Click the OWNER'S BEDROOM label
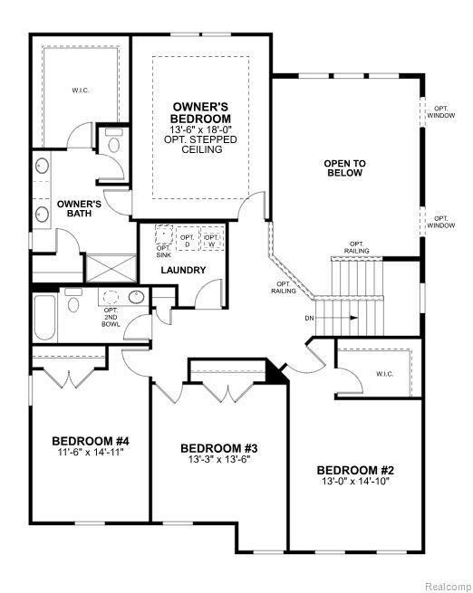tap(201, 113)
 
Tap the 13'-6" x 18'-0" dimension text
tap(201, 129)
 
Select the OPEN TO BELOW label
tap(345, 167)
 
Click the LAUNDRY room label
tap(183, 270)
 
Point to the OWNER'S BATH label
tap(78, 209)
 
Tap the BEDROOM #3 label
tap(220, 447)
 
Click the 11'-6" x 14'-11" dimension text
tap(88, 453)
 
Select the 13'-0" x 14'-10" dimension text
tap(355, 483)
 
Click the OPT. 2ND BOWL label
tap(111, 316)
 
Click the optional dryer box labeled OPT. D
tap(188, 239)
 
